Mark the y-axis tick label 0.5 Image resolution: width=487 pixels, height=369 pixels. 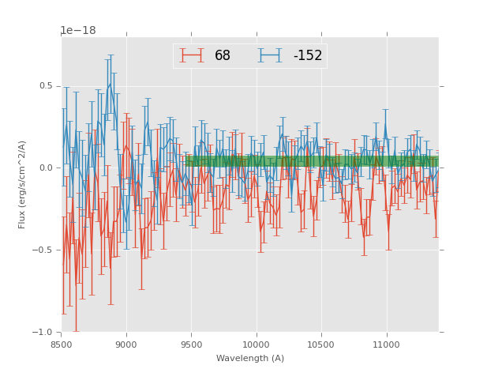(x=46, y=86)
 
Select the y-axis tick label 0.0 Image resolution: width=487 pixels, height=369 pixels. (x=46, y=168)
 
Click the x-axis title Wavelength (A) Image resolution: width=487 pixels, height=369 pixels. (x=250, y=358)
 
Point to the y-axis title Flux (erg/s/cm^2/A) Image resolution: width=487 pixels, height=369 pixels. (x=22, y=184)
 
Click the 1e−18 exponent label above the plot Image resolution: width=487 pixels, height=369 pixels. (x=77, y=31)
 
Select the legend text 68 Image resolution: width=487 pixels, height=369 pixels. (x=223, y=56)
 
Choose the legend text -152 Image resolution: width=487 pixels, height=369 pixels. (x=307, y=56)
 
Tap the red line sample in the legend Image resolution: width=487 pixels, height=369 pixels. (x=192, y=56)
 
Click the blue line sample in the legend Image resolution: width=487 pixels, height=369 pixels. (x=272, y=56)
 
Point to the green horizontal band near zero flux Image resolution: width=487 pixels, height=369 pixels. (x=316, y=161)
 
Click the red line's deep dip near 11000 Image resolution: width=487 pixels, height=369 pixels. (x=388, y=230)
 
